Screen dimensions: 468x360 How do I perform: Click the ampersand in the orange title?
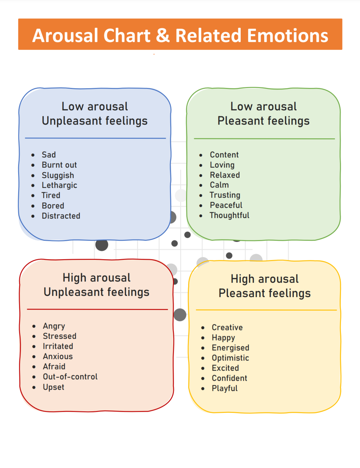[163, 35]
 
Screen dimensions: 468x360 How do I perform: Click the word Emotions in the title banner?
[288, 35]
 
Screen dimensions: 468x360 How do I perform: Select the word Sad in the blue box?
[49, 155]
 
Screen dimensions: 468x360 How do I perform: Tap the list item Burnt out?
[59, 165]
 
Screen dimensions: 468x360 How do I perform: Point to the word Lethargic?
[59, 185]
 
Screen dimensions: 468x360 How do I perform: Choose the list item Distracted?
[61, 216]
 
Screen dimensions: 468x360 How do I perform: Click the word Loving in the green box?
[222, 165]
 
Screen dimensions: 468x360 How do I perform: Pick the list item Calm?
[219, 185]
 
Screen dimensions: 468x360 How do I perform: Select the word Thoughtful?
[229, 215]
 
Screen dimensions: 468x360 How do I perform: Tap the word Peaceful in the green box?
[226, 205]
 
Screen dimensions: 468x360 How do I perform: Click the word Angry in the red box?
[54, 326]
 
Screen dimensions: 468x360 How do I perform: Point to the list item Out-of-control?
[70, 377]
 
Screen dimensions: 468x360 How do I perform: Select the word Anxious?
[58, 356]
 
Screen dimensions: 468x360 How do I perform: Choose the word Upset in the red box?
[54, 387]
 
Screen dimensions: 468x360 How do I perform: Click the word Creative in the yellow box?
[227, 328]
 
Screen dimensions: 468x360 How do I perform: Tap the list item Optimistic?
[230, 358]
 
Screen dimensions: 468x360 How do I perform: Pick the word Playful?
[225, 388]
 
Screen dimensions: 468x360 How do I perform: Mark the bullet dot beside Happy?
[203, 338]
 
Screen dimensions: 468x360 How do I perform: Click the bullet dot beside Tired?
[33, 196]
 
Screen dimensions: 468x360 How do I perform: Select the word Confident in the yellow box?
[229, 378]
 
